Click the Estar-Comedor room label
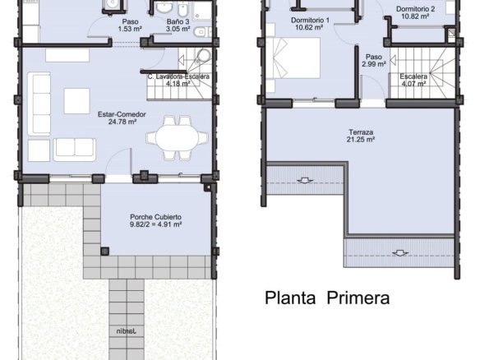click(x=122, y=114)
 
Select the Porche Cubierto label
click(x=155, y=217)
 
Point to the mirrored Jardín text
click(x=126, y=331)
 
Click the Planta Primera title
click(x=327, y=298)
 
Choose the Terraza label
click(x=361, y=132)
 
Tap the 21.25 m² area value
click(x=361, y=140)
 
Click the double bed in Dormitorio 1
click(x=293, y=58)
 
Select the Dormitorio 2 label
click(x=415, y=9)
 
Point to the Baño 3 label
click(x=178, y=21)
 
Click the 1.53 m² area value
click(x=130, y=29)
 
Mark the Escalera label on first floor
click(x=413, y=76)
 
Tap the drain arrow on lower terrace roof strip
click(x=400, y=253)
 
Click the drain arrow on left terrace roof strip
click(x=305, y=181)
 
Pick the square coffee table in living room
click(x=76, y=101)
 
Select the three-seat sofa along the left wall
click(x=39, y=104)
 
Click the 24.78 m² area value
click(x=122, y=122)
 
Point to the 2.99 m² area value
click(x=374, y=64)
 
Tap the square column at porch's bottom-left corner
click(x=104, y=252)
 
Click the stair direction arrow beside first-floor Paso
click(x=393, y=60)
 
